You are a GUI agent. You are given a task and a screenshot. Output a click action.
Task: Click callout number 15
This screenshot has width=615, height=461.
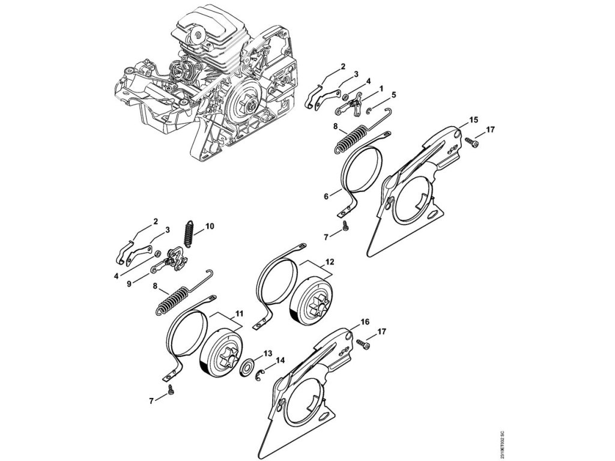[473, 120]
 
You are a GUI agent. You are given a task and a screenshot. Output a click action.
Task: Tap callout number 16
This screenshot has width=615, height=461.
[365, 322]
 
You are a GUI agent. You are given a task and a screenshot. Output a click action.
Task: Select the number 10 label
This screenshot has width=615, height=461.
[209, 226]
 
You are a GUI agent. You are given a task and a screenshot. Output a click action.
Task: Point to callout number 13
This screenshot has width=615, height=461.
[268, 352]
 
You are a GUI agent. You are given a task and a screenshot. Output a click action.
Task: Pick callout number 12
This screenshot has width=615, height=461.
[330, 262]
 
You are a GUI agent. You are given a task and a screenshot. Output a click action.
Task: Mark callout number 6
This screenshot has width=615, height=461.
[326, 196]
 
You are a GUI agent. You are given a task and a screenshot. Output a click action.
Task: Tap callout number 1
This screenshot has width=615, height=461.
[382, 88]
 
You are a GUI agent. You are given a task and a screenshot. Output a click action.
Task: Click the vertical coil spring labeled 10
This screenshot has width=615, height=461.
[190, 231]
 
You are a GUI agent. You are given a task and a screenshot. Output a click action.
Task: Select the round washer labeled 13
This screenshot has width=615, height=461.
[247, 367]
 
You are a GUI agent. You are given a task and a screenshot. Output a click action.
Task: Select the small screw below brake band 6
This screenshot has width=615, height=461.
[347, 226]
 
